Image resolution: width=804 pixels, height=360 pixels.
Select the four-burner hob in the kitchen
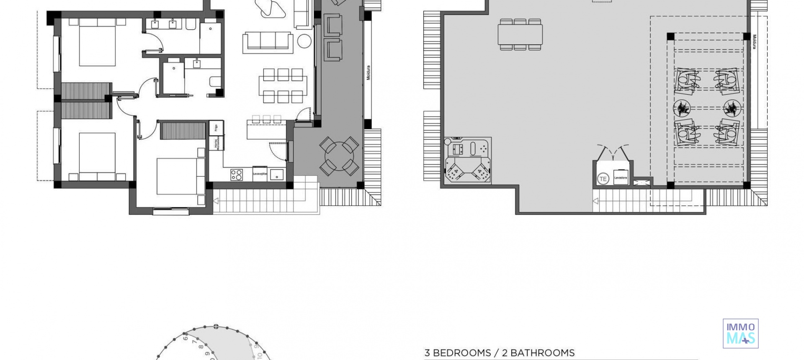(x=237, y=174)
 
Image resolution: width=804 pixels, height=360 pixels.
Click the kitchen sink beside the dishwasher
(x=276, y=174)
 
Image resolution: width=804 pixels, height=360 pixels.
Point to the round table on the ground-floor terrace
(x=339, y=156)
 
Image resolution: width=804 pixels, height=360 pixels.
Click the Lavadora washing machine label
(x=621, y=177)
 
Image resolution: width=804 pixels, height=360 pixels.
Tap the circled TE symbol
(x=603, y=179)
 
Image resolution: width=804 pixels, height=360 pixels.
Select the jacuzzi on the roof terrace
(x=468, y=160)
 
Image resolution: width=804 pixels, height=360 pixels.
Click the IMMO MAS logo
(x=740, y=334)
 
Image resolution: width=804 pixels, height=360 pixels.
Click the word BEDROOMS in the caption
(x=462, y=353)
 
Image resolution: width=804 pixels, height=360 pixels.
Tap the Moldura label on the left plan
(x=368, y=72)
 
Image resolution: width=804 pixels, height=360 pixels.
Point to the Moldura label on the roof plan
(x=754, y=42)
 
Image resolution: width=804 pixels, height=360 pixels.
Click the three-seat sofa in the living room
(x=268, y=42)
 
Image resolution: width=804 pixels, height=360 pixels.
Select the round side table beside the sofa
(x=304, y=41)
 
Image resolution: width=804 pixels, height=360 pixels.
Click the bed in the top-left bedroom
(x=97, y=44)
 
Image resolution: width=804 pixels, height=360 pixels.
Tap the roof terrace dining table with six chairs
(x=521, y=34)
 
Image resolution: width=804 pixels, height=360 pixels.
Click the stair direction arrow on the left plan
(x=216, y=201)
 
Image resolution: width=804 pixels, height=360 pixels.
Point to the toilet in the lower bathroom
(x=216, y=82)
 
